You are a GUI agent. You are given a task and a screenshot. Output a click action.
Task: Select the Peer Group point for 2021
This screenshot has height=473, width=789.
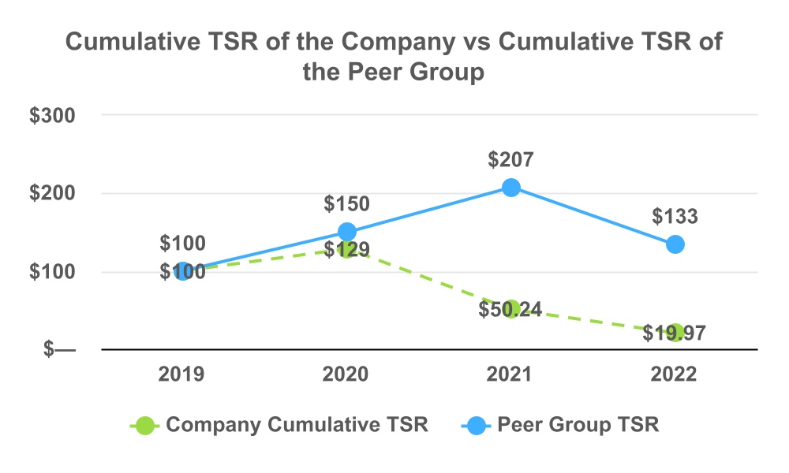(x=511, y=188)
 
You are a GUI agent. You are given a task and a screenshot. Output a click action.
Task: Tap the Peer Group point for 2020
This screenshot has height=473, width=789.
(x=347, y=232)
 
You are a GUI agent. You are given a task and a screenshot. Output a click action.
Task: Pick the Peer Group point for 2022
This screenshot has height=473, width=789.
(x=675, y=244)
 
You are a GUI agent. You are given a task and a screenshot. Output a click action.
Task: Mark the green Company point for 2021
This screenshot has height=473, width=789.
(x=511, y=309)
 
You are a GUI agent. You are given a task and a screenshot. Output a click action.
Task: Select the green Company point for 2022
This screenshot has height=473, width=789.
(x=675, y=333)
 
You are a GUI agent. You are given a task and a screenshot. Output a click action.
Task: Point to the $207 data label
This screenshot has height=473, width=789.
(x=511, y=160)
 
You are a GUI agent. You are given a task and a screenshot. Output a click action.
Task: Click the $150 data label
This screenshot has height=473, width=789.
(x=347, y=204)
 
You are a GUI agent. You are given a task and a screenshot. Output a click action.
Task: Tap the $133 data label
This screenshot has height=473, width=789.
(x=675, y=217)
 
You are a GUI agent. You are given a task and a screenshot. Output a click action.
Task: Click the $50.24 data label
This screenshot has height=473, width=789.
(x=510, y=309)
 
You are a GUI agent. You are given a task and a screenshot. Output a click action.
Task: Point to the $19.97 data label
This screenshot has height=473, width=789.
(x=674, y=333)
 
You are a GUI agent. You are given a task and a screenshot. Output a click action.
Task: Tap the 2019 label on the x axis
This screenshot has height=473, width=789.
(x=182, y=374)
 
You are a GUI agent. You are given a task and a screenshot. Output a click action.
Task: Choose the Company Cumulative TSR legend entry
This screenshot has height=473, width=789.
(x=280, y=426)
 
